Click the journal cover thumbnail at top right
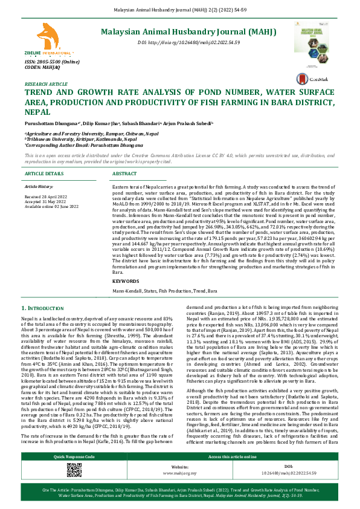click(312, 43)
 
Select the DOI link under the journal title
click(189, 43)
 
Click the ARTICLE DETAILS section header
click(44, 173)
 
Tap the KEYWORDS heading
click(126, 281)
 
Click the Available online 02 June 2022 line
click(51, 206)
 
